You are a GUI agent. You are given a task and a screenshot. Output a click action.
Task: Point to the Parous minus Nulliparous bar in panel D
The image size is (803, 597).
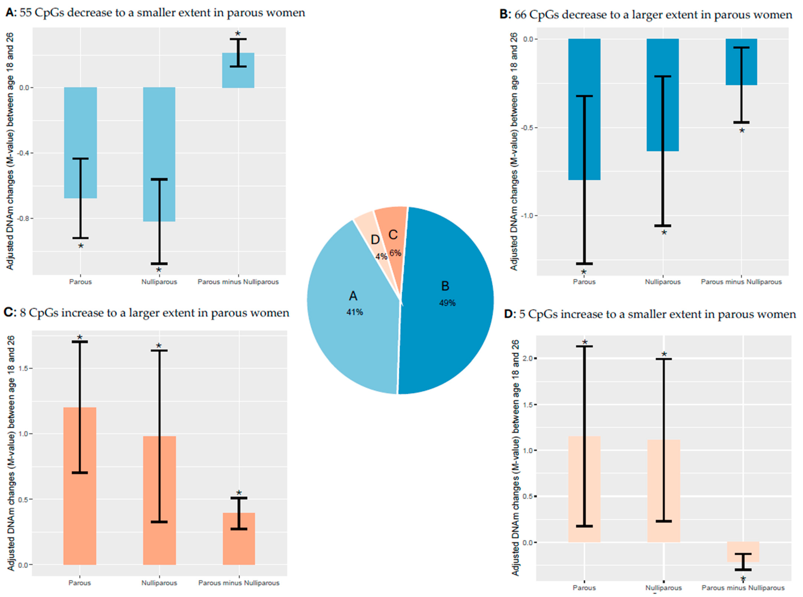[x=743, y=552]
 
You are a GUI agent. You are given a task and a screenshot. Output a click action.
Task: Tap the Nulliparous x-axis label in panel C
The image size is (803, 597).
[x=159, y=583]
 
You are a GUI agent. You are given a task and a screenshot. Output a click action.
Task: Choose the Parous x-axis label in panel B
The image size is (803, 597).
[x=584, y=282]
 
